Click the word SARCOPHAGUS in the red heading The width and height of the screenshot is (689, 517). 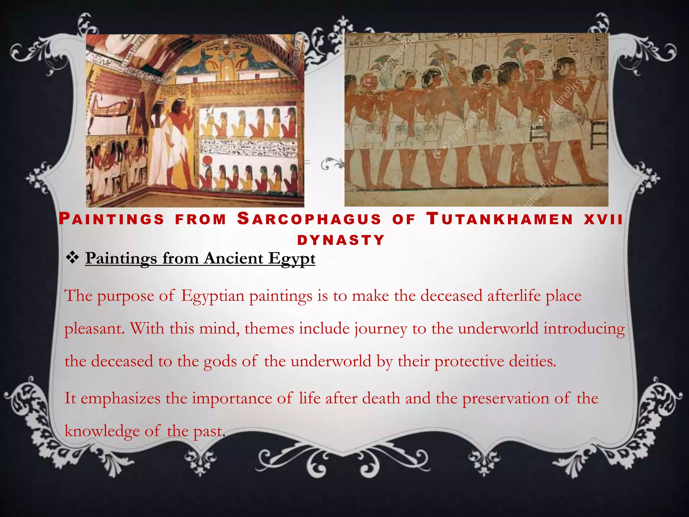309,219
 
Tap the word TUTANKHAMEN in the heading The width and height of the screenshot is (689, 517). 500,219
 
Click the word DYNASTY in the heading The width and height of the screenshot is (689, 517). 341,240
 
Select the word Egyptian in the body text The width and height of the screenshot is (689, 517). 213,296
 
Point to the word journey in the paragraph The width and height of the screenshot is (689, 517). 380,329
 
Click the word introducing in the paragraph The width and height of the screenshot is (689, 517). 584,329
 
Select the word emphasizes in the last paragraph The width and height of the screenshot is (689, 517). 120,399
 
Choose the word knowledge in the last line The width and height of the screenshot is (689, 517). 102,431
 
